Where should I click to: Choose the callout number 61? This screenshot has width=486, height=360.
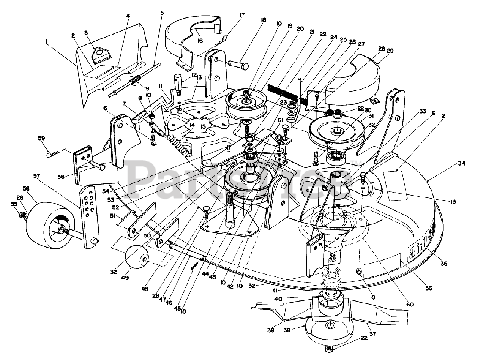pos(281,120)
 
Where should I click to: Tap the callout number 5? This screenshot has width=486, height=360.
pos(162,13)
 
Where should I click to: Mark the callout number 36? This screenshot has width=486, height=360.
pos(429,288)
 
